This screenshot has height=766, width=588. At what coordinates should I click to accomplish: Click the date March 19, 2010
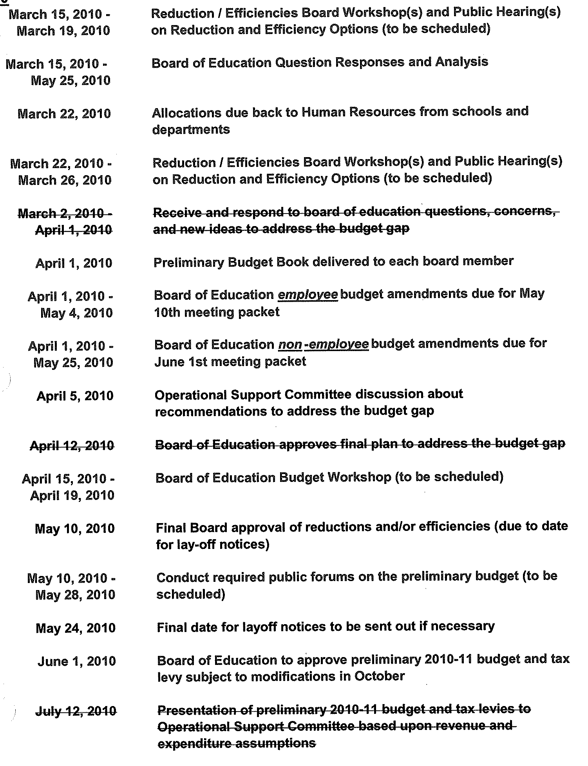(63, 31)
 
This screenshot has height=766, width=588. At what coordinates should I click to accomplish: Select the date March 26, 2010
(65, 180)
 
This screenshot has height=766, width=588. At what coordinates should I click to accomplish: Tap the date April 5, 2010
(75, 396)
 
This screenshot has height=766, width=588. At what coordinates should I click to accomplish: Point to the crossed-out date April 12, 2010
(72, 445)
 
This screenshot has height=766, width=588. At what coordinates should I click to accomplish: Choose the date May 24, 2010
(76, 628)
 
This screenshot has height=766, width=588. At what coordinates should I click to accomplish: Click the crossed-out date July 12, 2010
(76, 711)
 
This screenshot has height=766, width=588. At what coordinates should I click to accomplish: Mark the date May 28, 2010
(75, 595)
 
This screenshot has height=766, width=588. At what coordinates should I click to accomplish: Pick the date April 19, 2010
(72, 495)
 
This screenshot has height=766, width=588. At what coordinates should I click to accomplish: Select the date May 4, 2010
(76, 313)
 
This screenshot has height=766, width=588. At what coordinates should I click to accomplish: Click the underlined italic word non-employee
(323, 344)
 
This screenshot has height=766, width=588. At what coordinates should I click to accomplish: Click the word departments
(191, 130)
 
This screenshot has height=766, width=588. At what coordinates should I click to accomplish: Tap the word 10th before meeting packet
(167, 312)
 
